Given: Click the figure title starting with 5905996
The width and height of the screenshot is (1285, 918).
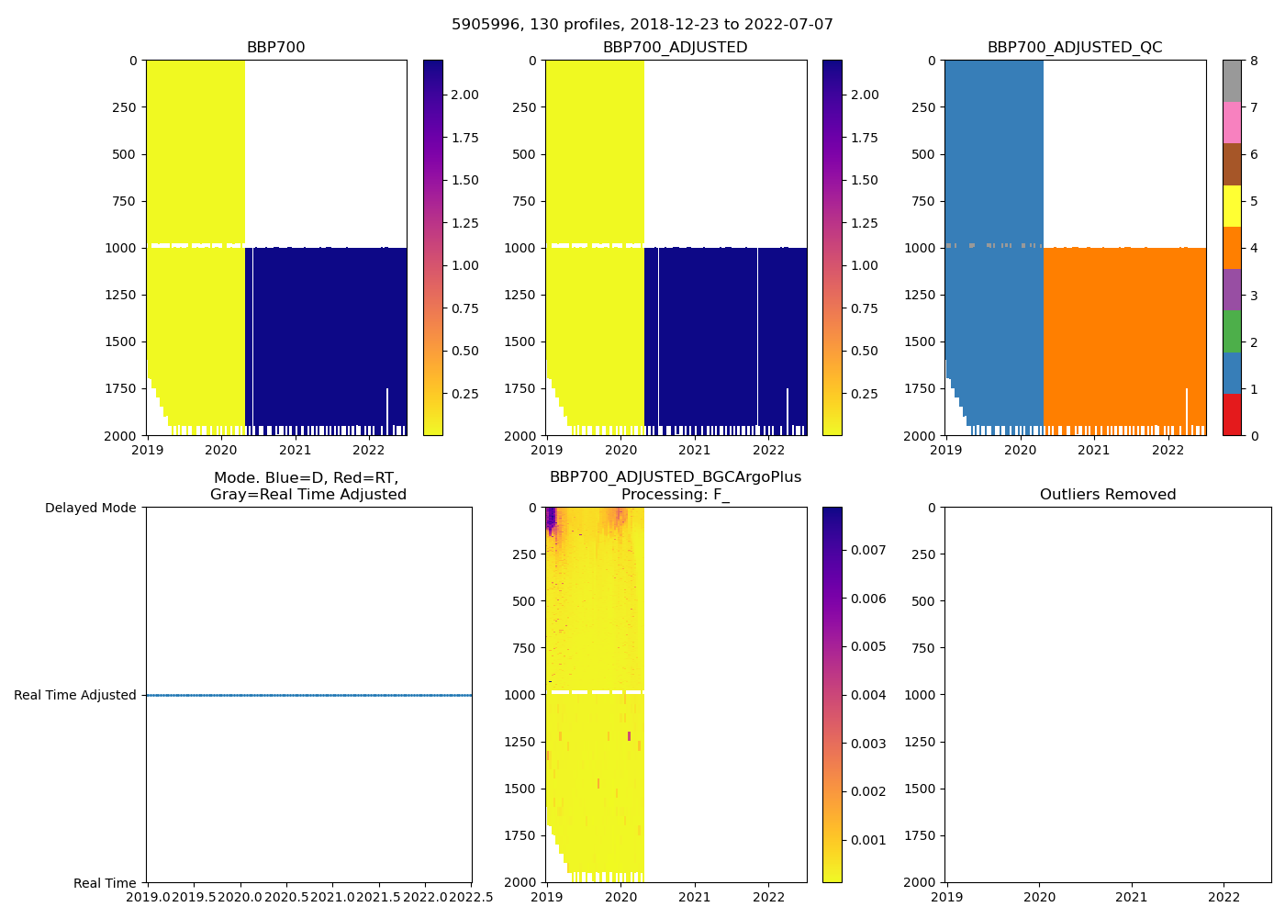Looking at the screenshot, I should [x=642, y=25].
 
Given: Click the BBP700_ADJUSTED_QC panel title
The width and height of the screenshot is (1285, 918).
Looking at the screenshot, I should [x=1075, y=48].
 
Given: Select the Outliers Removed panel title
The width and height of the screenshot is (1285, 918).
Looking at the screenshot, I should [x=1108, y=495].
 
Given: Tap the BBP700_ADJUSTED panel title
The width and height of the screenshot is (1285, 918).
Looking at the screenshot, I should [x=675, y=48].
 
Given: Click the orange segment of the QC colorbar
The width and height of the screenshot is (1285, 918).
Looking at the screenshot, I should [x=1232, y=248].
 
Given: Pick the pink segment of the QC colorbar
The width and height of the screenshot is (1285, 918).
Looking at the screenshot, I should [x=1232, y=122].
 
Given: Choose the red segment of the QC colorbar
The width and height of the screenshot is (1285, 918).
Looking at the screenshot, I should [x=1232, y=415].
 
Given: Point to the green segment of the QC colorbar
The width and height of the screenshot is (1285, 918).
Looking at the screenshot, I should [x=1232, y=331].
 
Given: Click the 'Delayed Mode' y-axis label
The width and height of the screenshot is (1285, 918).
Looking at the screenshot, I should [x=90, y=508].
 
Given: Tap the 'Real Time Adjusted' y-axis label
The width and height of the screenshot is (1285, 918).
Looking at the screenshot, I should [x=75, y=695].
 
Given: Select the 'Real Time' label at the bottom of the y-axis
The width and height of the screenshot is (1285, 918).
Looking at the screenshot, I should [x=105, y=883].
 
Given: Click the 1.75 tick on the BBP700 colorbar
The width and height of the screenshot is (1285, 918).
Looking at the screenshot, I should [x=464, y=138].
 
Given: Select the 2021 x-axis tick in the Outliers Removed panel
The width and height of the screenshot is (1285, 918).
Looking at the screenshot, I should [x=1132, y=897].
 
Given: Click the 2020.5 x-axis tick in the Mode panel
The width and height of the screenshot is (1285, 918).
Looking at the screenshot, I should [x=286, y=897].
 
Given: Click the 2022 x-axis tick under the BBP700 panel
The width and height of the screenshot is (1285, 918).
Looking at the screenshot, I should [x=369, y=450].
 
